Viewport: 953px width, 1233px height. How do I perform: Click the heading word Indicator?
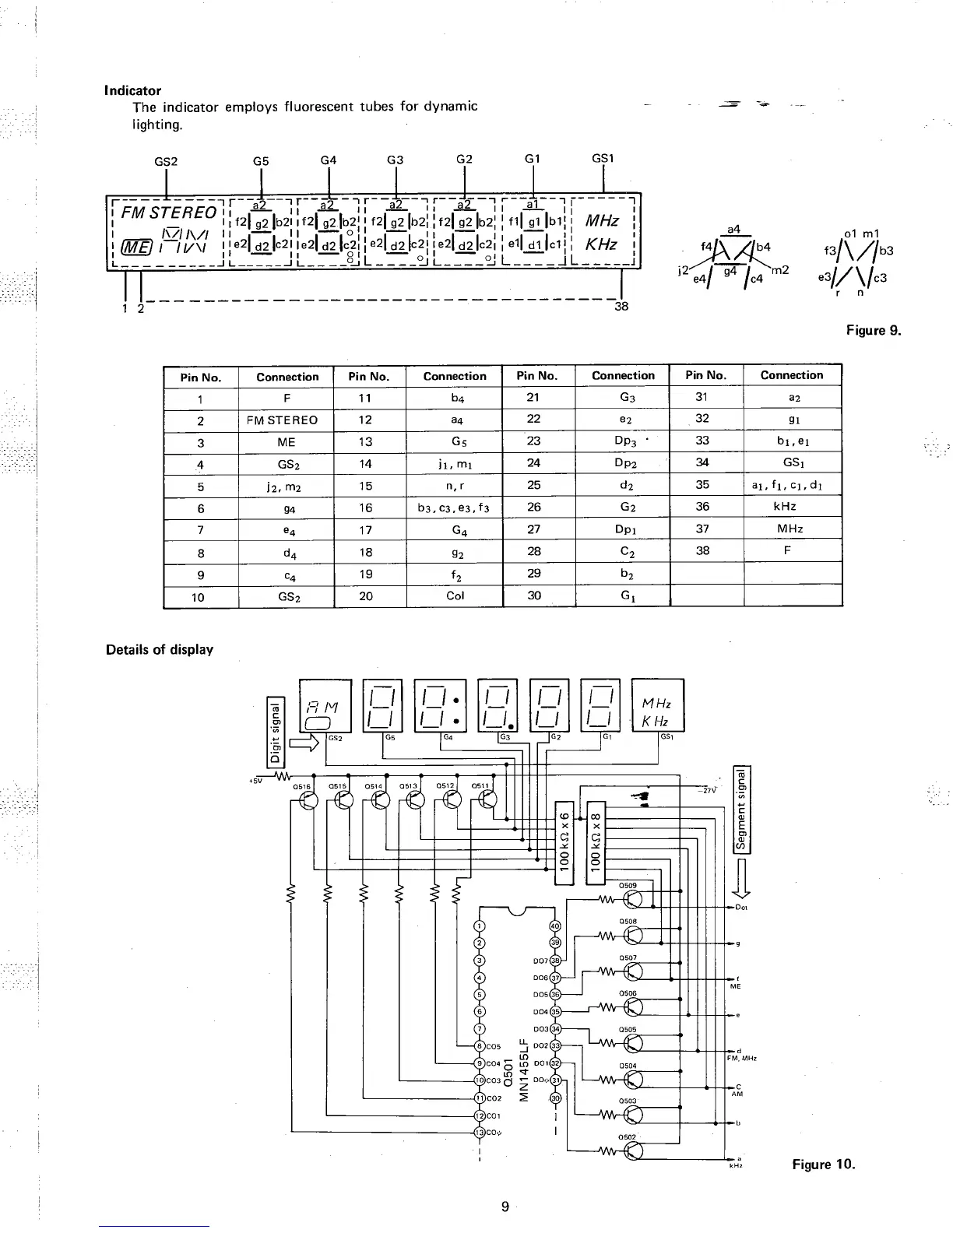(x=132, y=90)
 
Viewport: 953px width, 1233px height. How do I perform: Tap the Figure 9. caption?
(x=873, y=330)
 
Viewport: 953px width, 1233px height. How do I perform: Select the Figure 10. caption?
(x=823, y=1164)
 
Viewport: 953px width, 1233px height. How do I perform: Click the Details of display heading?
(x=160, y=649)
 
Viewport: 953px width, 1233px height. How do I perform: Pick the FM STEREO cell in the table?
(x=282, y=420)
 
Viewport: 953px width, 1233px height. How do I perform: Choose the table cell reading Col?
(x=455, y=595)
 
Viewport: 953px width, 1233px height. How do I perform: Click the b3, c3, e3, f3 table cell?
(x=455, y=508)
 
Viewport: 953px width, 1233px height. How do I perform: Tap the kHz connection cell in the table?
(x=792, y=506)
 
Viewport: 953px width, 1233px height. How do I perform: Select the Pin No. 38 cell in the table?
(x=702, y=550)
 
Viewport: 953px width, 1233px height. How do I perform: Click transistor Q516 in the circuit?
(x=309, y=801)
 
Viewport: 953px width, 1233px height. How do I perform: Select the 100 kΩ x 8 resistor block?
(x=596, y=842)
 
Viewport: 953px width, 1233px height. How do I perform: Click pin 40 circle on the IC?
(x=555, y=926)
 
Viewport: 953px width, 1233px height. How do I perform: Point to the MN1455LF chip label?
(x=526, y=1067)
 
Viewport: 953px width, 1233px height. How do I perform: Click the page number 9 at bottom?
(x=505, y=1207)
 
